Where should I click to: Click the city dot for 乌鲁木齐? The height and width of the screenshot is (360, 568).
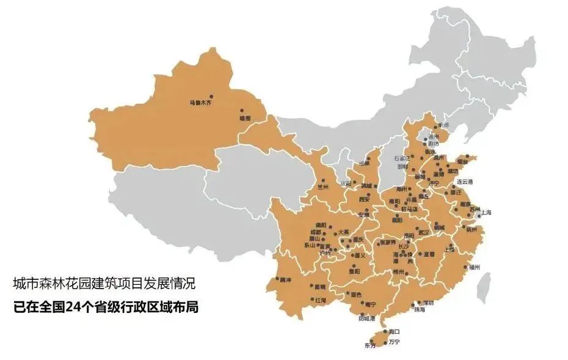(211, 96)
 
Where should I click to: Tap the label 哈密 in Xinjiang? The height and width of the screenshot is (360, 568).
(244, 117)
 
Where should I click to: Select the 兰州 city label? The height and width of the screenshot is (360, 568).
(322, 187)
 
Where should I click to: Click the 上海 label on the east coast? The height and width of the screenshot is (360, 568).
(486, 213)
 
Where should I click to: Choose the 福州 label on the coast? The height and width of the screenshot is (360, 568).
(475, 267)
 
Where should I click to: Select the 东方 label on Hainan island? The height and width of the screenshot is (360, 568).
(370, 346)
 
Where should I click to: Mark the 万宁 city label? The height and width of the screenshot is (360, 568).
(394, 342)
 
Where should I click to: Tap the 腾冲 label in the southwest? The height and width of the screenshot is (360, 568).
(285, 280)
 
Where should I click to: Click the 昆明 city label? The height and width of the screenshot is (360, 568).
(319, 287)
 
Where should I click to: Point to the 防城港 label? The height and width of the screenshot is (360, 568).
(366, 318)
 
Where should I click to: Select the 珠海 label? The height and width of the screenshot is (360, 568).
(419, 310)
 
